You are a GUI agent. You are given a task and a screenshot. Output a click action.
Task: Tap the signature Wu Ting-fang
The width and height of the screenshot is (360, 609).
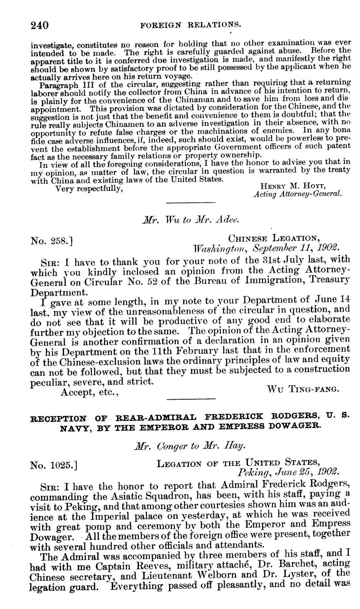pyautogui.click(x=303, y=389)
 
